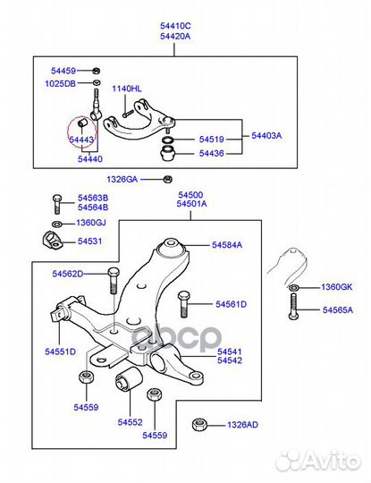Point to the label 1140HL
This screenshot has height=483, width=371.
(127, 89)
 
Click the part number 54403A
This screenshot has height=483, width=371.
(266, 136)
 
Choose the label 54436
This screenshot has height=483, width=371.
(211, 153)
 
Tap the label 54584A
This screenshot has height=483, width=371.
(227, 244)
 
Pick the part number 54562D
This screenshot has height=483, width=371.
(66, 274)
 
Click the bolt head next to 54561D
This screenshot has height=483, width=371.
(183, 296)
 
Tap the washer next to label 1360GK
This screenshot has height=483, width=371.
(293, 287)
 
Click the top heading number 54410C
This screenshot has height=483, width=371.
(174, 29)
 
